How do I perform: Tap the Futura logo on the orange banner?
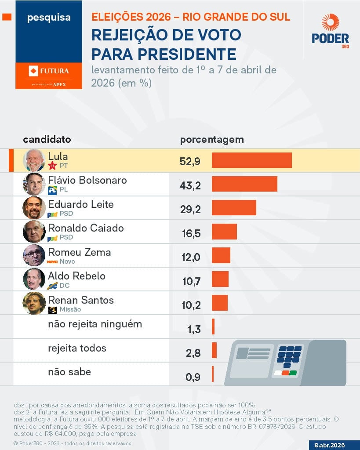pyautogui.click(x=48, y=71)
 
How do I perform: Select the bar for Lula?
pyautogui.click(x=251, y=160)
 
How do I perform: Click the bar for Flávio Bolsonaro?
pyautogui.click(x=244, y=184)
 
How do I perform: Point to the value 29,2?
pyautogui.click(x=190, y=209)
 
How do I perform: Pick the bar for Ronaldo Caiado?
pyautogui.click(x=224, y=232)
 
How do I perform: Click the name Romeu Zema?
pyautogui.click(x=79, y=252)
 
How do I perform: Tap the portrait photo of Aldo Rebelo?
pyautogui.click(x=34, y=279)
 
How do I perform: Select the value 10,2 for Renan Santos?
pyautogui.click(x=190, y=305)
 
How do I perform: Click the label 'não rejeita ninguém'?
pyautogui.click(x=95, y=324)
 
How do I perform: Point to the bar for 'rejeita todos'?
pyautogui.click(x=214, y=350)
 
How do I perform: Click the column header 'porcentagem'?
pyautogui.click(x=212, y=140)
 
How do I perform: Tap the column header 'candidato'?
pyautogui.click(x=47, y=140)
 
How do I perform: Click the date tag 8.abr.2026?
pyautogui.click(x=330, y=445)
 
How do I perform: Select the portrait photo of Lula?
pyautogui.click(x=34, y=160)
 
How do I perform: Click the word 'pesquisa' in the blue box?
pyautogui.click(x=48, y=18)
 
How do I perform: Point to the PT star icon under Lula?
pyautogui.click(x=52, y=166)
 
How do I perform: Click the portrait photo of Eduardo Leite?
pyautogui.click(x=34, y=207)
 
